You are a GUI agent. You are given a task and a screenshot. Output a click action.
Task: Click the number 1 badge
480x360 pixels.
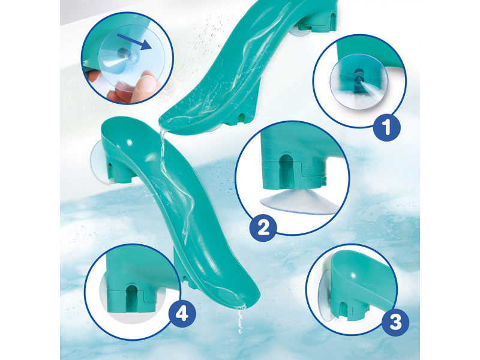click(x=386, y=127)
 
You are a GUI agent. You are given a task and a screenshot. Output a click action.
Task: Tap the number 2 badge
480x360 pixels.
click(x=263, y=228)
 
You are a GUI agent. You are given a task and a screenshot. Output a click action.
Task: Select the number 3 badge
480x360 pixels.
click(x=395, y=322)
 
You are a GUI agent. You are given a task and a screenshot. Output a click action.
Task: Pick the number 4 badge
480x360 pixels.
click(x=182, y=313)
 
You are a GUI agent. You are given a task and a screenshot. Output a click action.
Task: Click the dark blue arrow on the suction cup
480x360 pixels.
click(x=134, y=41)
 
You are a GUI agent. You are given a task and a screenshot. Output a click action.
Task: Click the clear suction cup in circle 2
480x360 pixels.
click(x=298, y=202)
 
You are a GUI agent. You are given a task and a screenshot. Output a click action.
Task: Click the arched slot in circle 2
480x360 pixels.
click(x=287, y=170)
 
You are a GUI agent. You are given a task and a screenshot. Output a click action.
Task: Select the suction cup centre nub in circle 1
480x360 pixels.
click(x=358, y=77)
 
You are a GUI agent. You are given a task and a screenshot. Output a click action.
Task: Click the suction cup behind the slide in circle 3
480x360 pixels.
click(x=325, y=296)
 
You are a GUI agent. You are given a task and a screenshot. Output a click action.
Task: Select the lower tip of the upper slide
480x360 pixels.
click(x=161, y=122)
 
